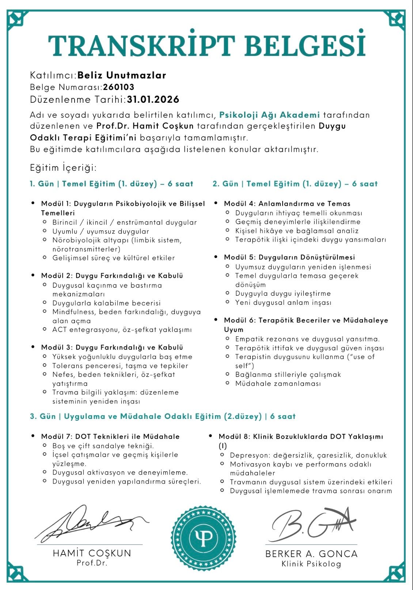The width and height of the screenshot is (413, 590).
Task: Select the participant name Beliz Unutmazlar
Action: pyautogui.click(x=122, y=75)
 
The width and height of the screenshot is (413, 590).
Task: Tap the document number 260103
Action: pyautogui.click(x=119, y=87)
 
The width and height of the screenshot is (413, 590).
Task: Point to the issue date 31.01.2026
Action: pyautogui.click(x=153, y=99)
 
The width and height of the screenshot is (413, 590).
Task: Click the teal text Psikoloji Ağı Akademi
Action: pyautogui.click(x=269, y=115)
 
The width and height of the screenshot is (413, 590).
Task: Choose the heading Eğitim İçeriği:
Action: pyautogui.click(x=63, y=168)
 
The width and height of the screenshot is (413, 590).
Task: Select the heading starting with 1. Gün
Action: pyautogui.click(x=111, y=184)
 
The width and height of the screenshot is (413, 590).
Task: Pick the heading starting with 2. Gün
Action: pyautogui.click(x=295, y=184)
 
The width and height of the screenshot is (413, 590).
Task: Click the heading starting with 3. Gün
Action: pyautogui.click(x=163, y=416)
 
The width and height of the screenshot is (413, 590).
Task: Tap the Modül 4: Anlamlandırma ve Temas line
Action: pyautogui.click(x=287, y=204)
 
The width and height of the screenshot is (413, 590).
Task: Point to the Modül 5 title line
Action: pyautogui.click(x=289, y=257)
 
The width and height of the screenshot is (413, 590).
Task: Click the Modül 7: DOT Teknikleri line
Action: pyautogui.click(x=110, y=436)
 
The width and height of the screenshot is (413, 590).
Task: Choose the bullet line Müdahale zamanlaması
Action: pyautogui.click(x=278, y=383)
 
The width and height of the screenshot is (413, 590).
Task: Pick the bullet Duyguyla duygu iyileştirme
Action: pyautogui.click(x=283, y=294)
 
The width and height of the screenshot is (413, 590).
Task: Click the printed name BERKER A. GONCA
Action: pyautogui.click(x=311, y=554)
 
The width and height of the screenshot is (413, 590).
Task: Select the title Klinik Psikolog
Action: pyautogui.click(x=311, y=564)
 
